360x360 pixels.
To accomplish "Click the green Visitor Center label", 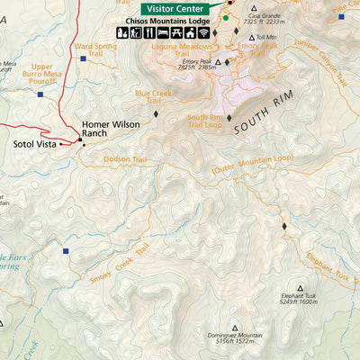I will click(x=176, y=8).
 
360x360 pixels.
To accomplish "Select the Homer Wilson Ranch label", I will click(x=107, y=129).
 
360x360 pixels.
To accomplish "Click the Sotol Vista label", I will click(x=35, y=143).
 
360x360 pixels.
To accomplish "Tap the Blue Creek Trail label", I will click(x=153, y=95).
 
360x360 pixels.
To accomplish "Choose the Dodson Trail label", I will click(x=125, y=159).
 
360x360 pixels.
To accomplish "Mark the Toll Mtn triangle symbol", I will click(x=252, y=37).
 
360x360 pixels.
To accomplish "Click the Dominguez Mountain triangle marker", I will click(x=236, y=328).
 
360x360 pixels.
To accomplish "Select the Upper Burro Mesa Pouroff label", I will click(x=42, y=72).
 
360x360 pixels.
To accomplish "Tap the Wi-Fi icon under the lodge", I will click(x=204, y=33).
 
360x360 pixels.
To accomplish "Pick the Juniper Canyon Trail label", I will click(x=319, y=63).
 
